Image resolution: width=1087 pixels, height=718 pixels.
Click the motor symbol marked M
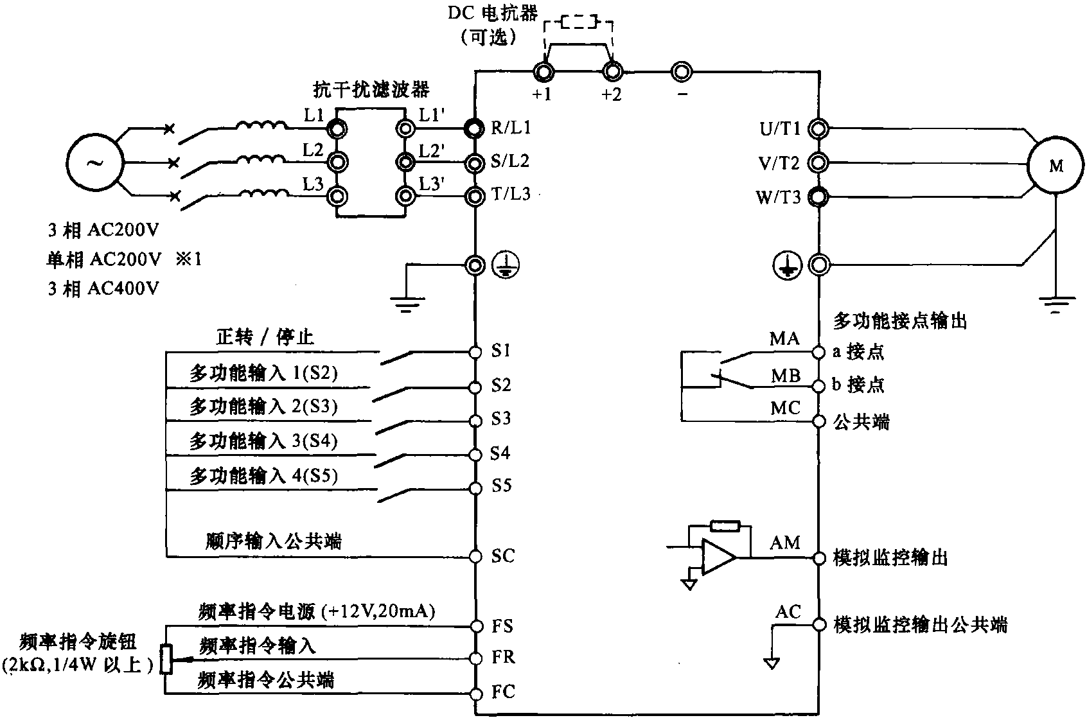tap(1056, 166)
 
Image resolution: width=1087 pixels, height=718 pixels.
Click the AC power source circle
tap(94, 162)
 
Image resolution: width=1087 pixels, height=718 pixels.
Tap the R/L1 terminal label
tap(511, 127)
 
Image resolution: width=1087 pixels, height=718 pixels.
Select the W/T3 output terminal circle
tap(818, 196)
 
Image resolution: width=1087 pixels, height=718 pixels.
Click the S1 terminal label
tap(500, 351)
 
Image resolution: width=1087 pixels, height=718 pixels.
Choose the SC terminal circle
tap(475, 556)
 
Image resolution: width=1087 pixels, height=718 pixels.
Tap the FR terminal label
tap(503, 657)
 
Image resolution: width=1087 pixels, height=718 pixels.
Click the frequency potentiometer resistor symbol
tap(167, 659)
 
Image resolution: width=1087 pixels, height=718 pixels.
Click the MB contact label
tap(785, 376)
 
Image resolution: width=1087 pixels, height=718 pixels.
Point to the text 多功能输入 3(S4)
tap(263, 441)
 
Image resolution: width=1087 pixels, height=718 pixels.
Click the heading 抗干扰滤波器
tap(371, 89)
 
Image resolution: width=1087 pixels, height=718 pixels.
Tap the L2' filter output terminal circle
tap(405, 161)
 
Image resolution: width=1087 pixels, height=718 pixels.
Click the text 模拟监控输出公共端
tap(920, 624)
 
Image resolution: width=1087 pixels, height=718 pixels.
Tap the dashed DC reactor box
tap(578, 24)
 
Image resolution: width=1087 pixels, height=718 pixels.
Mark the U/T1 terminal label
tap(780, 128)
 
